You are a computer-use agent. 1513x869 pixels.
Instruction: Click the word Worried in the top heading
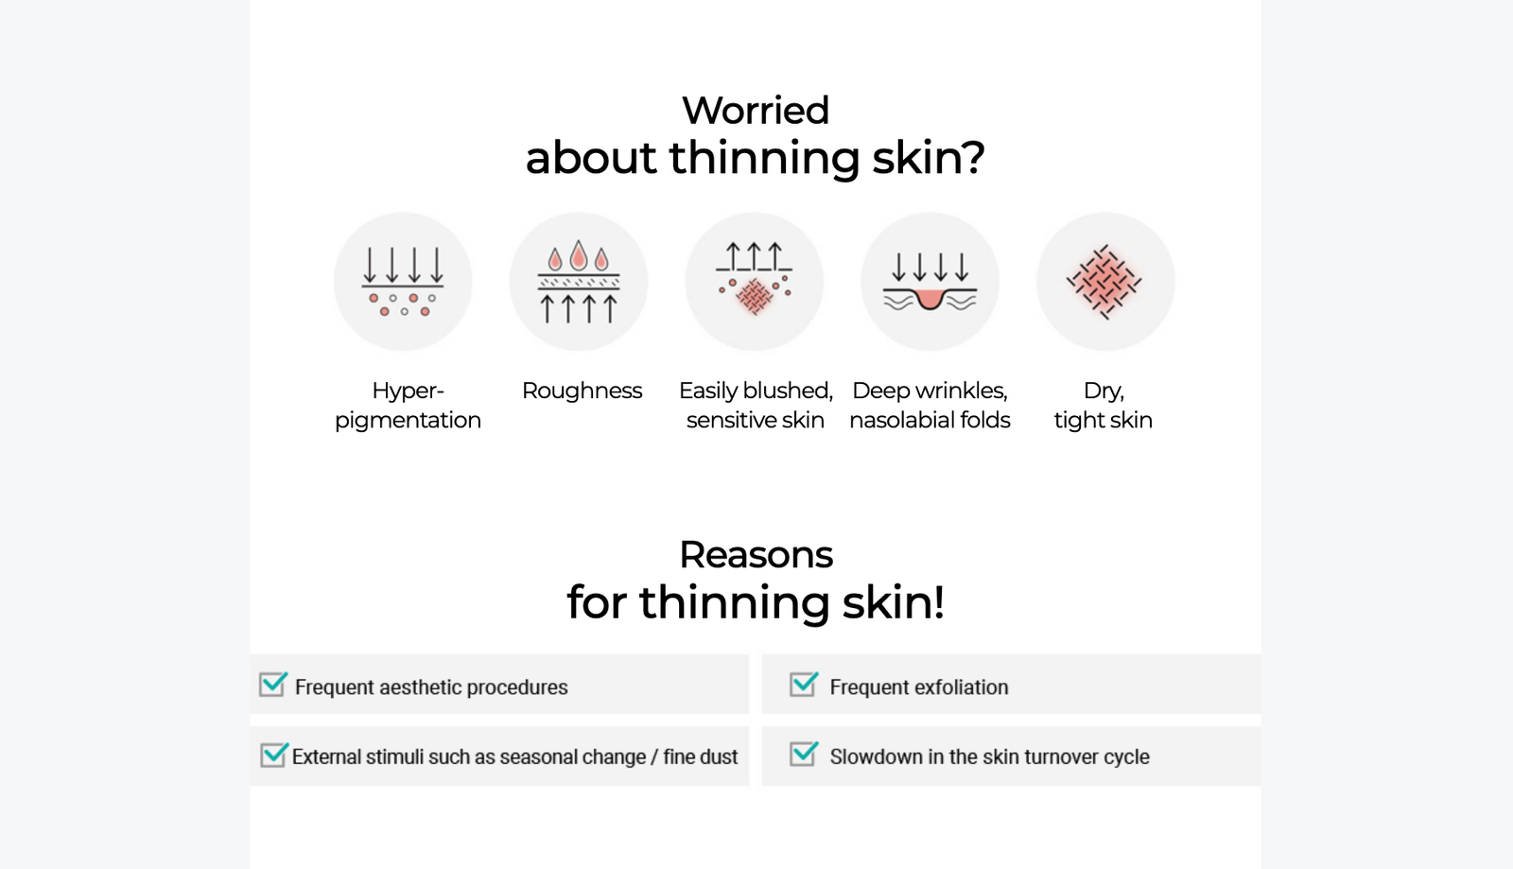tap(756, 111)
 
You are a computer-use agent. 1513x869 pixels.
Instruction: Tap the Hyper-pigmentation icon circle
tap(403, 282)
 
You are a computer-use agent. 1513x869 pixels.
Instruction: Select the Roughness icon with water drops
tap(579, 282)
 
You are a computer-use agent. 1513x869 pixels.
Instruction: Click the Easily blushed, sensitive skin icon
tap(755, 282)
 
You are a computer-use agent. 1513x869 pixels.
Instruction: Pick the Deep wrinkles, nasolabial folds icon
tap(930, 282)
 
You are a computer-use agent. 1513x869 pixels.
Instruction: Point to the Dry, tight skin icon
tap(1105, 282)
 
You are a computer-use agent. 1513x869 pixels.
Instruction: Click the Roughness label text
tap(582, 391)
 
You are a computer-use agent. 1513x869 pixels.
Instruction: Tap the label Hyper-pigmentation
tap(408, 406)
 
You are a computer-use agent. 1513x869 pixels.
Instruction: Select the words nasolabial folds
tap(930, 420)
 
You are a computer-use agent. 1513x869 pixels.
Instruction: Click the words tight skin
tap(1103, 421)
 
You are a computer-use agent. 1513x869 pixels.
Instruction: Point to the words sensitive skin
tap(756, 421)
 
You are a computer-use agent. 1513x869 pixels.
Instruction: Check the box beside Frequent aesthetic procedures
tap(273, 684)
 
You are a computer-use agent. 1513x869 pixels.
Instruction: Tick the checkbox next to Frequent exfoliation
tap(804, 684)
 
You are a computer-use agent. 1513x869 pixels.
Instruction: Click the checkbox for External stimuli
tap(273, 755)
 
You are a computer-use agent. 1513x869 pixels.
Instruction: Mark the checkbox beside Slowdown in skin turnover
tap(804, 754)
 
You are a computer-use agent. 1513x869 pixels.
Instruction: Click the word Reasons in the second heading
tap(756, 555)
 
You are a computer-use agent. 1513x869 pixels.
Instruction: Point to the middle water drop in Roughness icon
tap(578, 255)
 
